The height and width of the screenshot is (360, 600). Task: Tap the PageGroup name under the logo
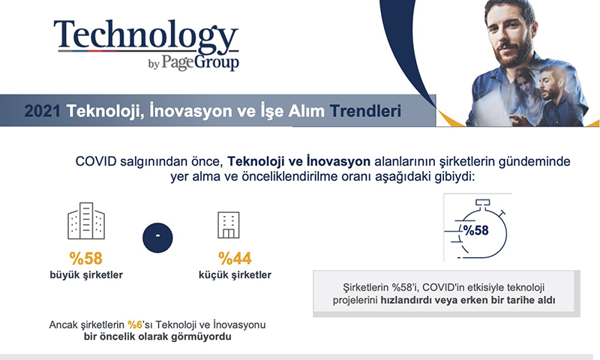click(x=200, y=62)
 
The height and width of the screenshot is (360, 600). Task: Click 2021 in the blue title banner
click(x=43, y=111)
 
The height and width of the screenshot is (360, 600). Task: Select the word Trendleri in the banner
click(x=365, y=111)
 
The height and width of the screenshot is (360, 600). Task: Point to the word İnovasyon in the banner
click(x=190, y=110)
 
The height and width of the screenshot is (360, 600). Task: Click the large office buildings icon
click(x=86, y=220)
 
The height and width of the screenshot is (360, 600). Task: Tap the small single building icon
click(x=229, y=225)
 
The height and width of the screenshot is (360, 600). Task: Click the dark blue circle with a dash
click(x=157, y=238)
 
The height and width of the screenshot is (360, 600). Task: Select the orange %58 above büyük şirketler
click(x=86, y=258)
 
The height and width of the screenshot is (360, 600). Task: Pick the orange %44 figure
click(x=235, y=258)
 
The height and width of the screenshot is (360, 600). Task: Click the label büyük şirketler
click(x=86, y=275)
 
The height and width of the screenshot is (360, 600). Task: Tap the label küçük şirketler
click(x=235, y=275)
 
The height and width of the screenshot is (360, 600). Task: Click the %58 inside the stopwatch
click(x=475, y=230)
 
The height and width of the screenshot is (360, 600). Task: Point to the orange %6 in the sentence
click(x=135, y=325)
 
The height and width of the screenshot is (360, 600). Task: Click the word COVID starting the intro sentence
click(x=96, y=161)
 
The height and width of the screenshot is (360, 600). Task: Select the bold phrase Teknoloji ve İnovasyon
click(x=298, y=161)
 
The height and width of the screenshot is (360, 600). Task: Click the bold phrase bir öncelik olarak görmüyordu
click(x=157, y=337)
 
